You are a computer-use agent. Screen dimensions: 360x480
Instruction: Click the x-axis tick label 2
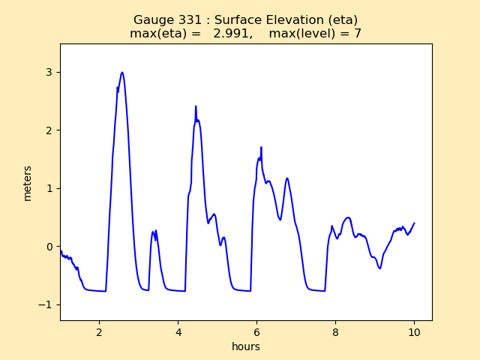[100, 331]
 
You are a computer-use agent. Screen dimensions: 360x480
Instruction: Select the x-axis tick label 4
[178, 331]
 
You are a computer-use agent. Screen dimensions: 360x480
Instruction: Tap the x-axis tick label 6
[257, 331]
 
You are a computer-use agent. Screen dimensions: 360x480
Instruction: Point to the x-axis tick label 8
[336, 331]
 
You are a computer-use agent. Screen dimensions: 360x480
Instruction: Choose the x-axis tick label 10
[414, 331]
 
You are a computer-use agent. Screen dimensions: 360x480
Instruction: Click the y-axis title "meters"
[28, 183]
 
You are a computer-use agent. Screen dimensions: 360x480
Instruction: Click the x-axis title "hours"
[246, 347]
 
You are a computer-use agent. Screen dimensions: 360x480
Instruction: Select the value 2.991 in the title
[232, 34]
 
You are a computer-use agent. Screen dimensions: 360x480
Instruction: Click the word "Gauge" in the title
[151, 20]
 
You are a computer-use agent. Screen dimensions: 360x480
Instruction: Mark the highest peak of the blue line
[122, 73]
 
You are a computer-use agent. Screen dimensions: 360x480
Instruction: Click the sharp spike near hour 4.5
[196, 106]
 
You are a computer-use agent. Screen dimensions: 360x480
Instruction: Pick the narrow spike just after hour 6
[261, 147]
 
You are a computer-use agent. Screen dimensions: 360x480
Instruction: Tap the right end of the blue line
[414, 223]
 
